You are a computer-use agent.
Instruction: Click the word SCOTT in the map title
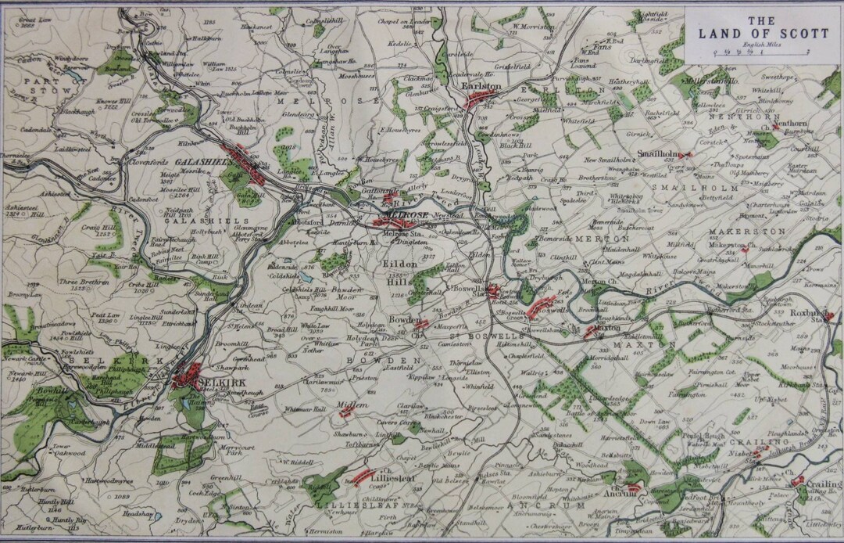782,33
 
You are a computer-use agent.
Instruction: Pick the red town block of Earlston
482,99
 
